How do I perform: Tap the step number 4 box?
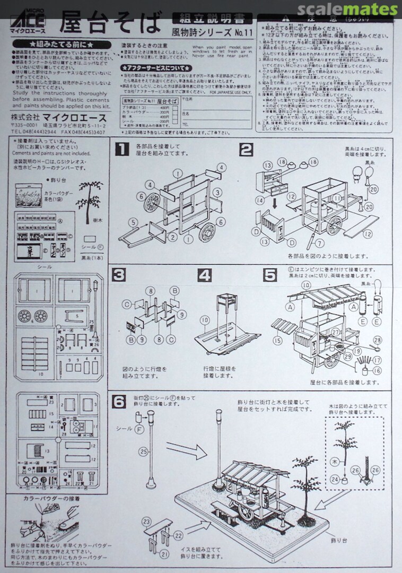(205, 276)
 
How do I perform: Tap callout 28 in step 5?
(377, 340)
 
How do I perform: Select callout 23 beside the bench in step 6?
(146, 521)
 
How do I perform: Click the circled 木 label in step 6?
(335, 462)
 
